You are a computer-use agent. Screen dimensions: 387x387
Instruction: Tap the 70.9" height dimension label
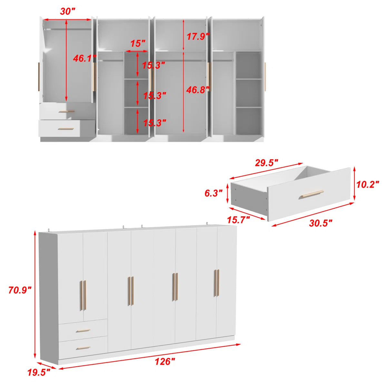[x=20, y=290]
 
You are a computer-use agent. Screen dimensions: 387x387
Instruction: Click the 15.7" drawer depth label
[x=238, y=220]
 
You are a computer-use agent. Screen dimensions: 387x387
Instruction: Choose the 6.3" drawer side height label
[x=213, y=193]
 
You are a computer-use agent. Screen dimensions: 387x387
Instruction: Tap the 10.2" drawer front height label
[x=368, y=184]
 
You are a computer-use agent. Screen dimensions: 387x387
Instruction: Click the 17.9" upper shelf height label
[x=198, y=36]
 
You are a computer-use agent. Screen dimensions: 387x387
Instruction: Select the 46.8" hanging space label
[x=198, y=90]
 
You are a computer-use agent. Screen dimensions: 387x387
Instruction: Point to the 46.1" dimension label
[x=84, y=58]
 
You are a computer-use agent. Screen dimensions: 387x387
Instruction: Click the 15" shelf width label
[x=138, y=44]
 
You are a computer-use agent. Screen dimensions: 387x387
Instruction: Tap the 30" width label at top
[x=67, y=11]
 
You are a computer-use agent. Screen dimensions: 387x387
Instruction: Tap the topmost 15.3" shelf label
[x=154, y=65]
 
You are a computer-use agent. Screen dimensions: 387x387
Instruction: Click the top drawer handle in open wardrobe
[x=67, y=112]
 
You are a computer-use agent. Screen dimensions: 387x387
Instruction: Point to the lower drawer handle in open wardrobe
[x=66, y=129]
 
